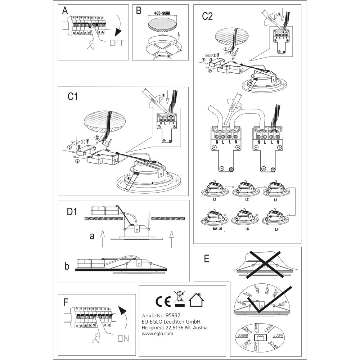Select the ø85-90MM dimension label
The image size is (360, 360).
point(163,13)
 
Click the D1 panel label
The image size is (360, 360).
point(72,212)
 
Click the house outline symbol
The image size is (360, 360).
point(197,300)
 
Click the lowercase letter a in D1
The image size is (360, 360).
point(92,236)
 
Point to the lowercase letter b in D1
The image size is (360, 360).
point(67,266)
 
